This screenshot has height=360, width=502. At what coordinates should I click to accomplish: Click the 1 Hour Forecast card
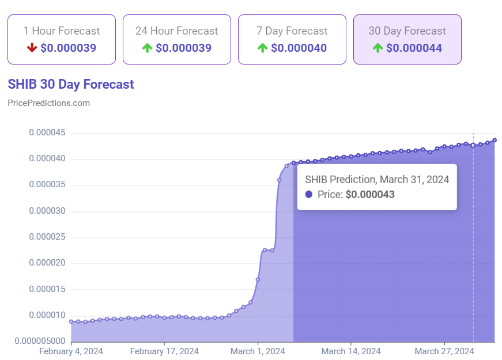(62, 39)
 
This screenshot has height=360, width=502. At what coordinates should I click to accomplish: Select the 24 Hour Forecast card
(177, 39)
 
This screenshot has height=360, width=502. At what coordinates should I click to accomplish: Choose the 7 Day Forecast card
(292, 39)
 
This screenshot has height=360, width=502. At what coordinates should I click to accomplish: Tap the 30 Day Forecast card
(407, 39)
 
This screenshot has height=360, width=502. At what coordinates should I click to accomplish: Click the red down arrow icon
(32, 48)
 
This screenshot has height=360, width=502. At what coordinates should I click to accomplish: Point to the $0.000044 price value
(414, 48)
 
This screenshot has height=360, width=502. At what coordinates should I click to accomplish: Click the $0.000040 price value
(299, 48)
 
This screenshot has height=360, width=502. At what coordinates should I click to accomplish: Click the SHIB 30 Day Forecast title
(71, 84)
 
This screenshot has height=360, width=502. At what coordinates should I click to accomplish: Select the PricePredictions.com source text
(49, 103)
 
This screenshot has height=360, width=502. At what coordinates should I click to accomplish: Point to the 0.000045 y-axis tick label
(47, 133)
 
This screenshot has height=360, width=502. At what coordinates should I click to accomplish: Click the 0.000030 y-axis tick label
(47, 211)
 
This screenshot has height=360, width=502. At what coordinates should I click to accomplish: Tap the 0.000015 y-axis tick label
(47, 289)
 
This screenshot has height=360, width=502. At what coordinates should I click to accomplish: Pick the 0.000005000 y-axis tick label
(40, 341)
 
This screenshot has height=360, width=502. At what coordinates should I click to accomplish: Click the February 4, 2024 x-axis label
(71, 351)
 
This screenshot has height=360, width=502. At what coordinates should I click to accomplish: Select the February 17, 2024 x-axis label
(164, 351)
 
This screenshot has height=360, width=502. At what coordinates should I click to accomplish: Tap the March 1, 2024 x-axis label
(258, 351)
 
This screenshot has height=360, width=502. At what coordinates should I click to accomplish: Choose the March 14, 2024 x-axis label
(351, 351)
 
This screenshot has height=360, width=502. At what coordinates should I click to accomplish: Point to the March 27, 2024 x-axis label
(444, 351)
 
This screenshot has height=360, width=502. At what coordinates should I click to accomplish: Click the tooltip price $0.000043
(370, 195)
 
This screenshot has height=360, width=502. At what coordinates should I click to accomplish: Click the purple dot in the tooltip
(309, 195)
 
